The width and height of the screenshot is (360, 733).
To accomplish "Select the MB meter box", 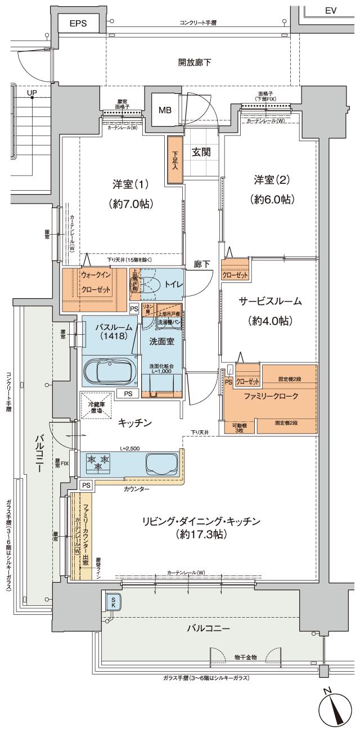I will [x=164, y=109].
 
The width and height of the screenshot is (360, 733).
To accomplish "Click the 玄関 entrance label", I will [x=201, y=152].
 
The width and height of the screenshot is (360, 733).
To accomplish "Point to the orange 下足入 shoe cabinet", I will [x=174, y=160].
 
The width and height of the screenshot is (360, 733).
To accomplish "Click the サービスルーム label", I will [x=274, y=311].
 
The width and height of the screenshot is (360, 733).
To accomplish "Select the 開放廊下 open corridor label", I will [x=195, y=62].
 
